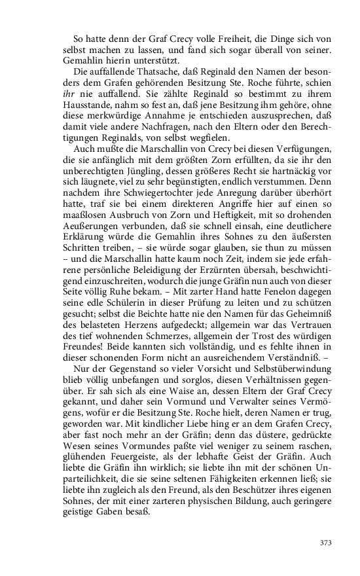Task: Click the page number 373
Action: tap(325, 542)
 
